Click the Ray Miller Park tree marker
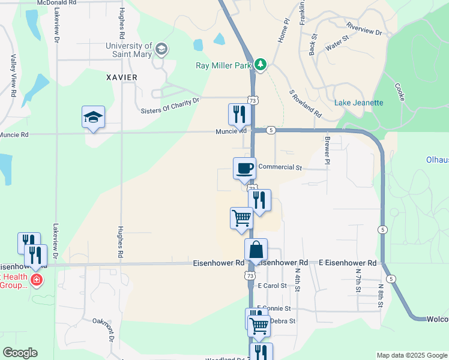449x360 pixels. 261,64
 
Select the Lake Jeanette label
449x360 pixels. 358,103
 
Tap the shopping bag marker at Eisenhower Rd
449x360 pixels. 256,250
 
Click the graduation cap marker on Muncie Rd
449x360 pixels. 94,118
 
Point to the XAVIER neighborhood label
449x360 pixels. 122,77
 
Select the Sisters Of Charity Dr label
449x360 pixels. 170,106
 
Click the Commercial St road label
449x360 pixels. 280,167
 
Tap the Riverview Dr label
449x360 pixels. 364,29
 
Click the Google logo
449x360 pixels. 20,353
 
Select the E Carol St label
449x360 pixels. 269,286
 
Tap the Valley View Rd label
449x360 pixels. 13,76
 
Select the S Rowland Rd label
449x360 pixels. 306,104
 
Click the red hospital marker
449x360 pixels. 37,280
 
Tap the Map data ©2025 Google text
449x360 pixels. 411,355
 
